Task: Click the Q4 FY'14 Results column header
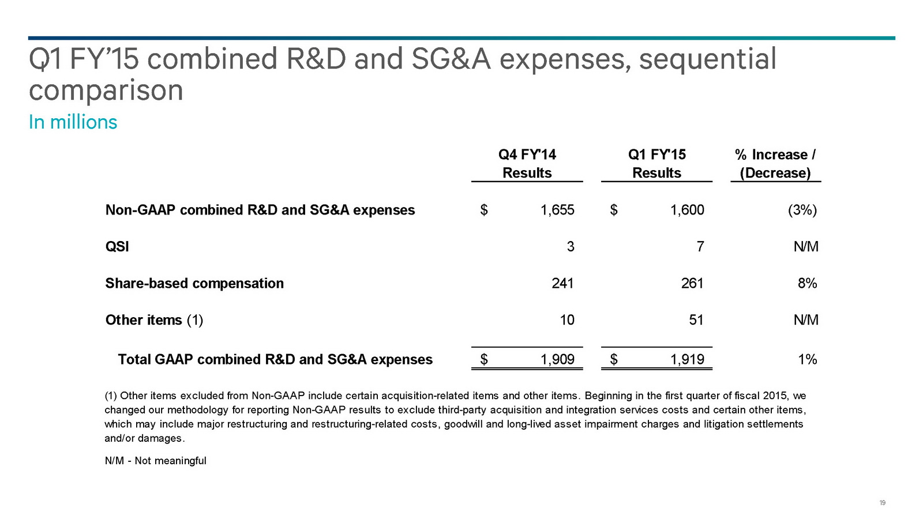pyautogui.click(x=527, y=164)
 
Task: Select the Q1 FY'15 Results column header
pyautogui.click(x=656, y=164)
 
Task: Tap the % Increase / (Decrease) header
pyautogui.click(x=775, y=164)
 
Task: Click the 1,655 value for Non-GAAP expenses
pyautogui.click(x=557, y=210)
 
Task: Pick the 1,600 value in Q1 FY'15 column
pyautogui.click(x=687, y=210)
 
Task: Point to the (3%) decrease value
pyautogui.click(x=802, y=210)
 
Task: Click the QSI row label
pyautogui.click(x=117, y=247)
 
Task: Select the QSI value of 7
pyautogui.click(x=700, y=247)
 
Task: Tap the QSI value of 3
pyautogui.click(x=570, y=247)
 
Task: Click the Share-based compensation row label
pyautogui.click(x=194, y=283)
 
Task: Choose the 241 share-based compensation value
pyautogui.click(x=562, y=283)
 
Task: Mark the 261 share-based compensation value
pyautogui.click(x=692, y=283)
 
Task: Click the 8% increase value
pyautogui.click(x=807, y=283)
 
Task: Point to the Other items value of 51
pyautogui.click(x=696, y=320)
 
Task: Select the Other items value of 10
pyautogui.click(x=566, y=320)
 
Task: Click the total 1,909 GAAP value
pyautogui.click(x=557, y=360)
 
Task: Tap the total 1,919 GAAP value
pyautogui.click(x=687, y=360)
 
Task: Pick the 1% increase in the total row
pyautogui.click(x=807, y=360)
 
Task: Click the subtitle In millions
pyautogui.click(x=73, y=122)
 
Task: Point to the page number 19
pyautogui.click(x=882, y=503)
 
